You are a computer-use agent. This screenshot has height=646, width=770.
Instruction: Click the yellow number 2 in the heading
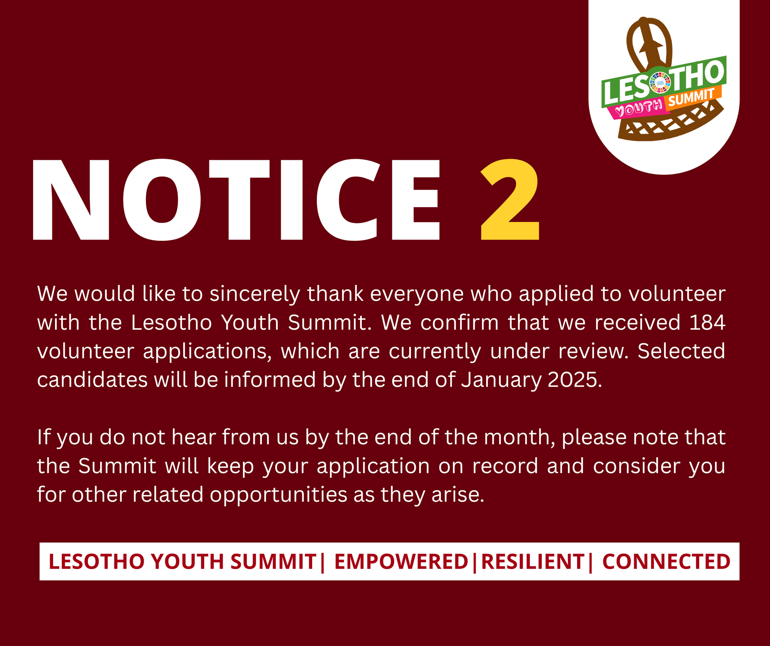(510, 200)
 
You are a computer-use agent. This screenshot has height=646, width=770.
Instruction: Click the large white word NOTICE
(236, 200)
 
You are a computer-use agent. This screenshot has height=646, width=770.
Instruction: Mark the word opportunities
(278, 495)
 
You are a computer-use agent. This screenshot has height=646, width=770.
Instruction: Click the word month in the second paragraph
(519, 438)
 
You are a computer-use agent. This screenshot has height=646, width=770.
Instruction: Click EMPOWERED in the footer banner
(401, 561)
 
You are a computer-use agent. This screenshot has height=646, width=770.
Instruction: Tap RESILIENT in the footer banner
(533, 561)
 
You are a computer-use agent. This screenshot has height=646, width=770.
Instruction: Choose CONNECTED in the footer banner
(666, 561)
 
